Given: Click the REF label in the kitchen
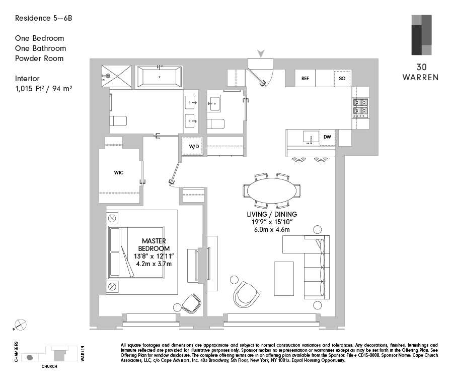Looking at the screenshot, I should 305,79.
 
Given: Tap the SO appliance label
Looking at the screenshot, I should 342,79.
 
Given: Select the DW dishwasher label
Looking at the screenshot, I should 327,137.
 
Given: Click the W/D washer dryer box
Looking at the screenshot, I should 194,146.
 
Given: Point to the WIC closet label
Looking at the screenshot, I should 119,172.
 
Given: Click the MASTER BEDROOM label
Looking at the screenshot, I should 154,245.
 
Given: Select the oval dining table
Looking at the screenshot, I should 272,191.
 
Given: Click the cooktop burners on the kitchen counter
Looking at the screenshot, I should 360,106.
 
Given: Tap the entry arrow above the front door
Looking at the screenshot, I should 261,53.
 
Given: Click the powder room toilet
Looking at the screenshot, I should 215,124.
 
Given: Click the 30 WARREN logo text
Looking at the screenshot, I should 421,72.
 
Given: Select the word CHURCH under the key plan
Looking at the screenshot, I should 49,366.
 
